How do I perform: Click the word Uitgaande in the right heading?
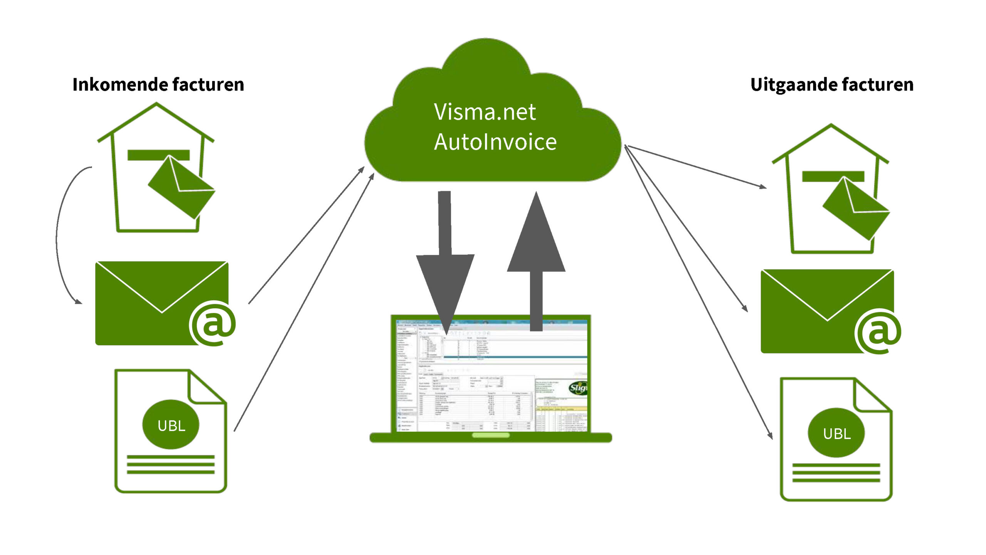click(793, 84)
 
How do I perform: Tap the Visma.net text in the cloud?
click(485, 112)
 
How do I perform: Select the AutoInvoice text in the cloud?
click(495, 142)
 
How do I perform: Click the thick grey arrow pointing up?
click(536, 254)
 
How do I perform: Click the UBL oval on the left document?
click(171, 425)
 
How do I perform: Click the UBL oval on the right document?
click(836, 433)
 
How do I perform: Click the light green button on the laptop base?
click(491, 435)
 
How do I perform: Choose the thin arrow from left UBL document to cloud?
click(304, 301)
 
